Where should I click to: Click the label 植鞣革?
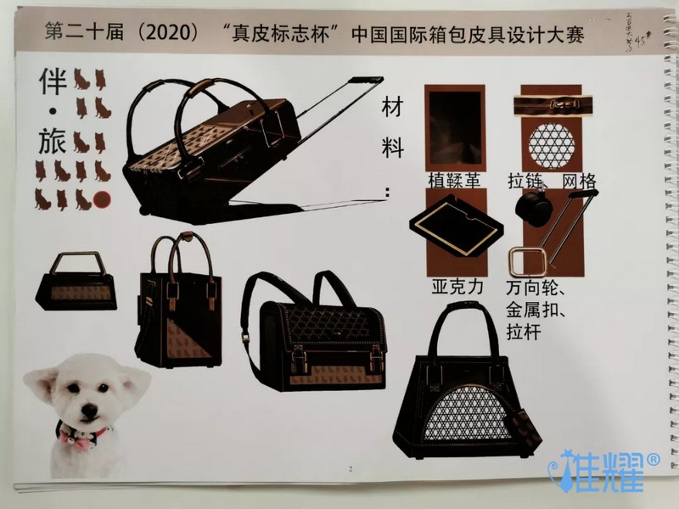point(455,181)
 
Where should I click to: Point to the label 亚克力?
point(457,287)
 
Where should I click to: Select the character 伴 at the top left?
point(53,83)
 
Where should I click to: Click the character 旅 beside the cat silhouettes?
point(53,141)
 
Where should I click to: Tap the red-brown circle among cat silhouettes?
point(104,200)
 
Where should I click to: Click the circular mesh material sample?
point(552,141)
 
